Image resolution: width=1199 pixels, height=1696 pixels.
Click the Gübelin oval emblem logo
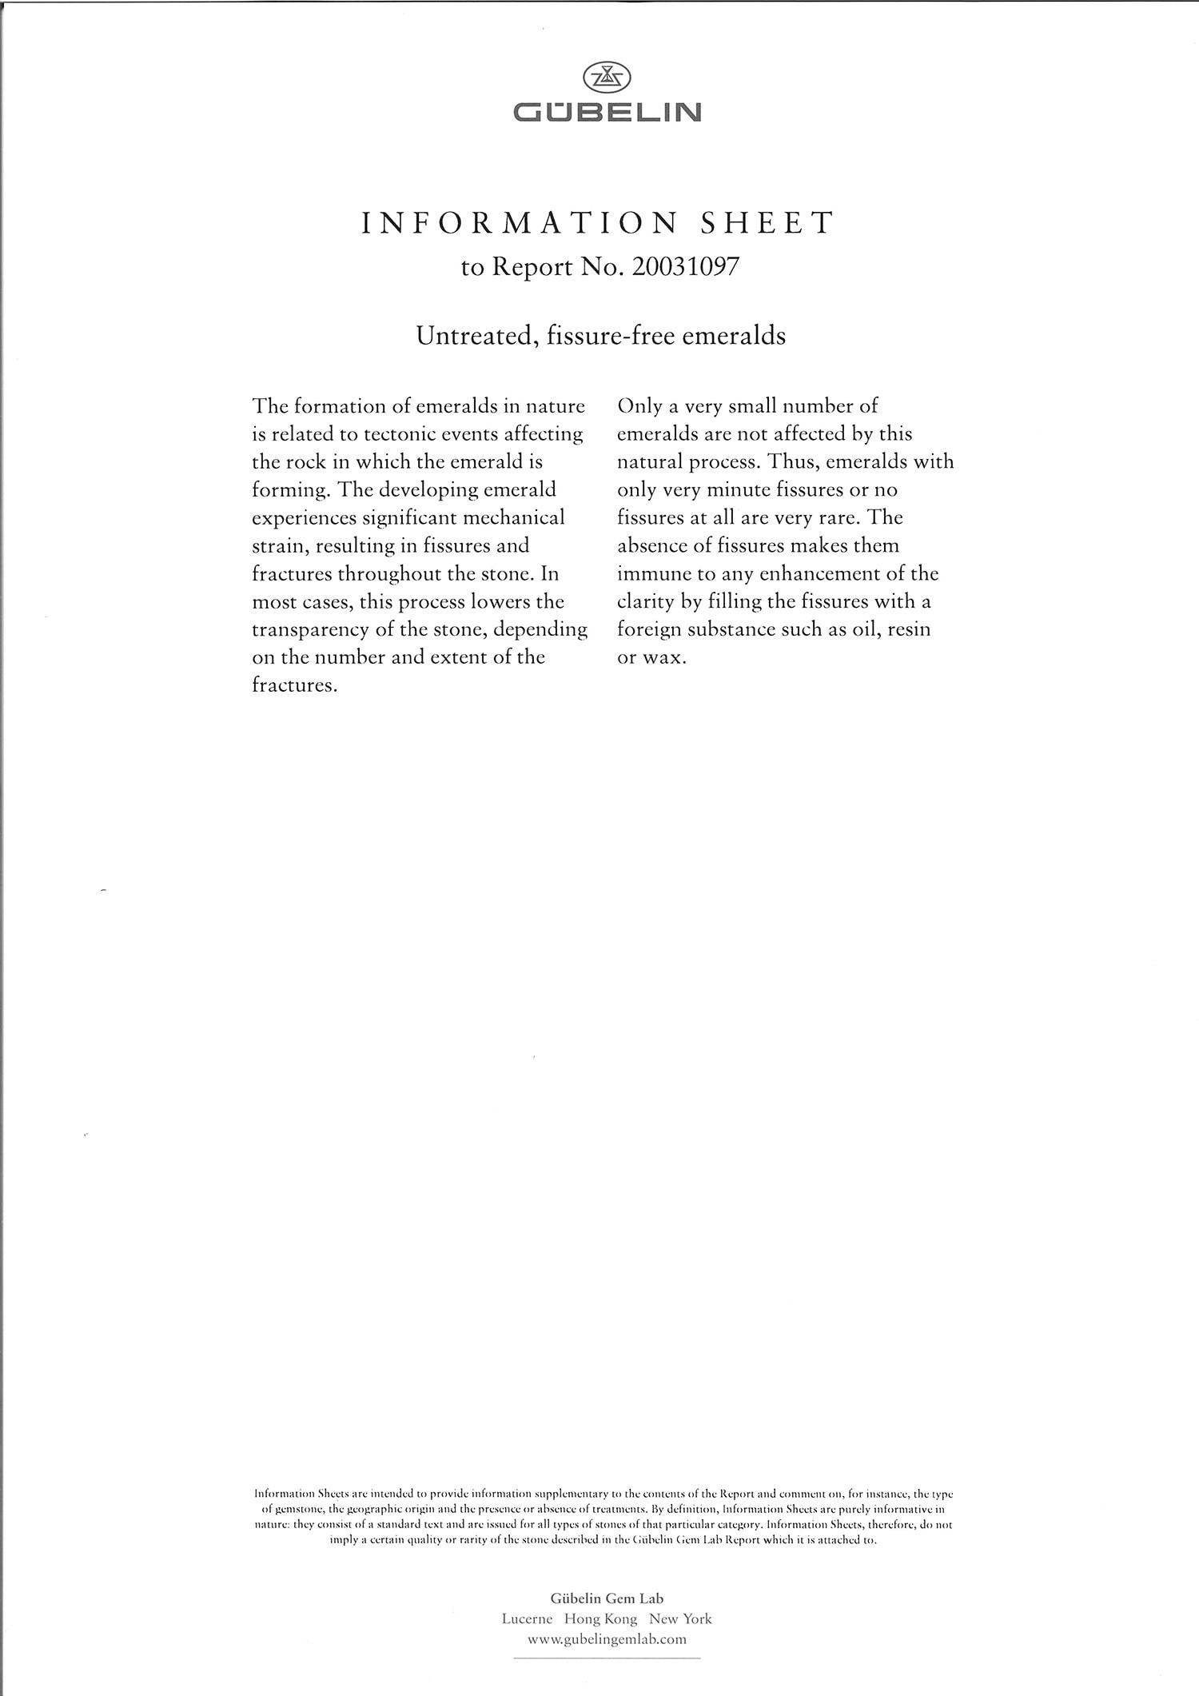pyautogui.click(x=607, y=77)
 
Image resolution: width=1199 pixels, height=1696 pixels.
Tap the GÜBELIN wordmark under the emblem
pyautogui.click(x=607, y=112)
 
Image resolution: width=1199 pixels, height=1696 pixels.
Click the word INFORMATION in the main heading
pyautogui.click(x=520, y=223)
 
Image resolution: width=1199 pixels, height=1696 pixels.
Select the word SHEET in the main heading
pyautogui.click(x=767, y=223)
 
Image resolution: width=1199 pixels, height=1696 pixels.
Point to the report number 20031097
pyautogui.click(x=685, y=267)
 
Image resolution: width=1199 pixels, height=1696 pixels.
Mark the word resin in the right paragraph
pyautogui.click(x=909, y=630)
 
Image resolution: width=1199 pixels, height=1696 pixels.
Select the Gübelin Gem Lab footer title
pyautogui.click(x=607, y=1598)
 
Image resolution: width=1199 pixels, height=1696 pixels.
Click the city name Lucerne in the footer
pyautogui.click(x=527, y=1619)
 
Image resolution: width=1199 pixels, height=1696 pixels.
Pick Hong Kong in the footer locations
pyautogui.click(x=600, y=1619)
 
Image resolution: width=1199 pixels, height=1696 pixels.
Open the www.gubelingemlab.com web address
pyautogui.click(x=607, y=1639)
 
